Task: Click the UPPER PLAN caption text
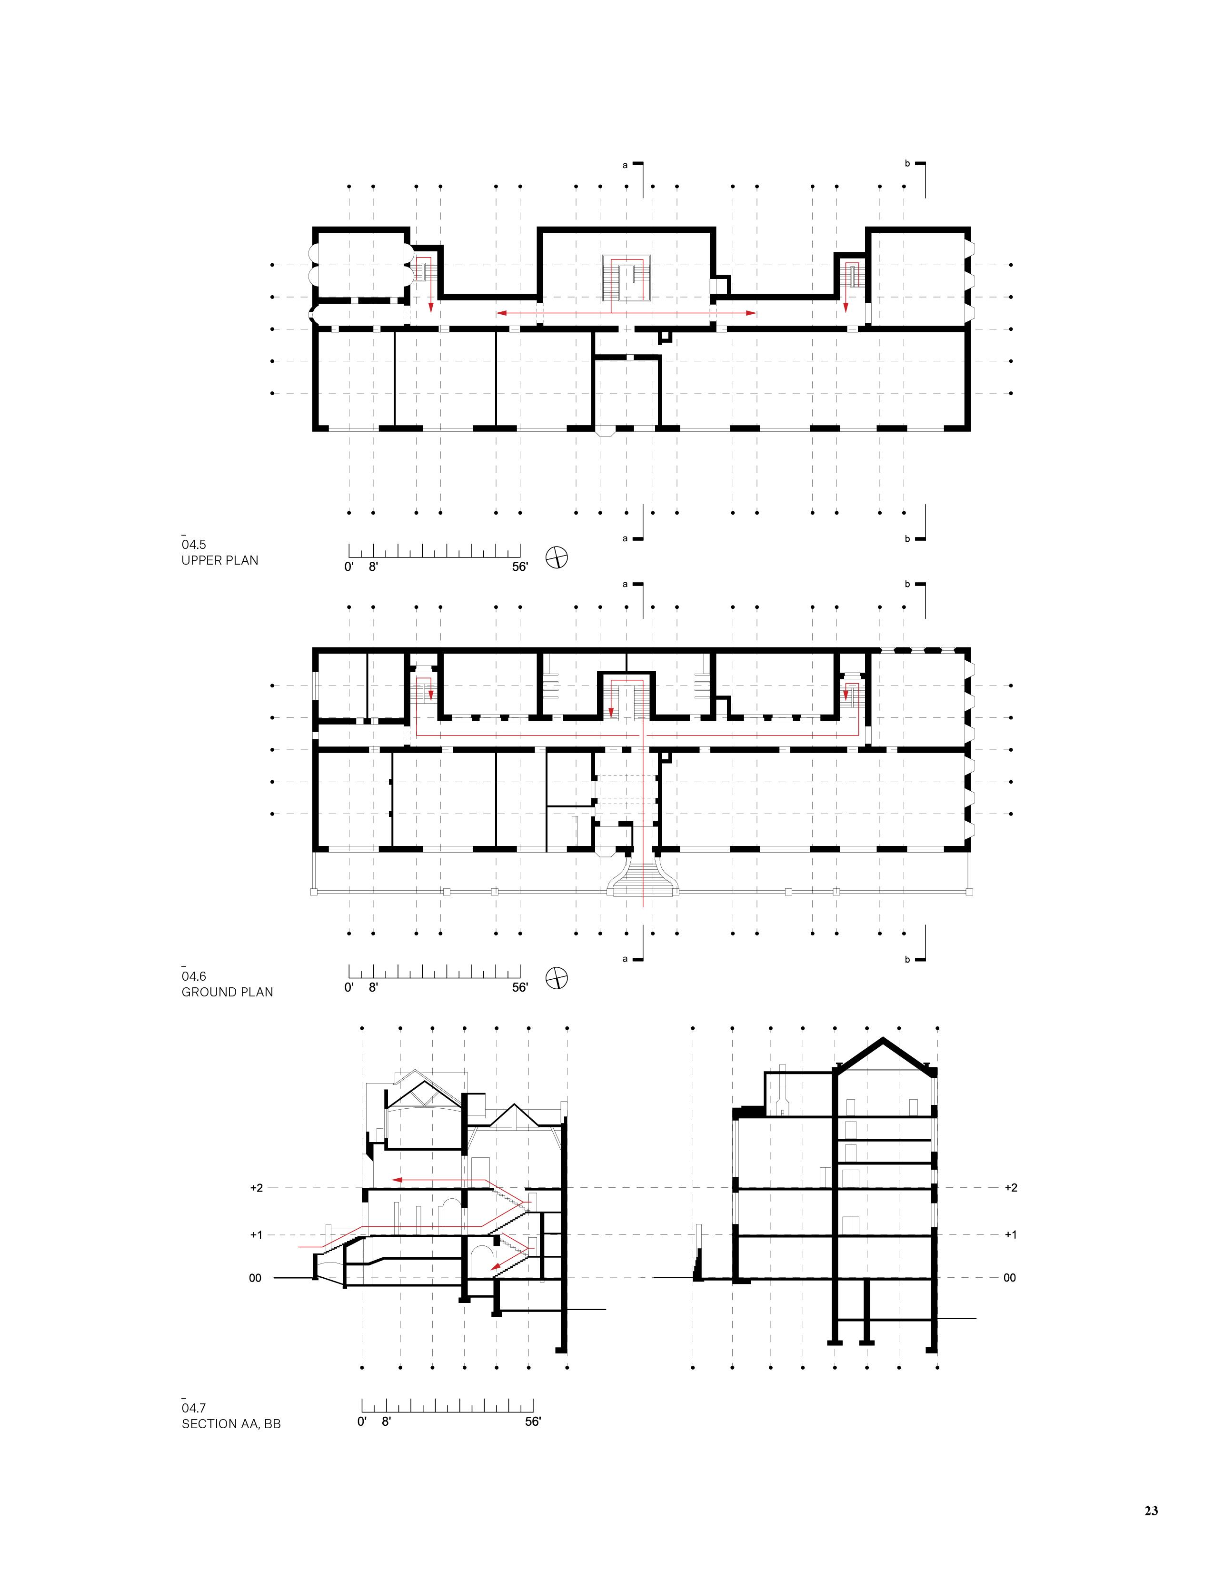click(220, 560)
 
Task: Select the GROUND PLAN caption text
click(227, 992)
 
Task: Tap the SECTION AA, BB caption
click(231, 1423)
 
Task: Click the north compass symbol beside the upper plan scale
click(557, 557)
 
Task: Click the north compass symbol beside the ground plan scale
click(557, 977)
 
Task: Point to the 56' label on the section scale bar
click(532, 1422)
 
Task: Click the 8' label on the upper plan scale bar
click(373, 567)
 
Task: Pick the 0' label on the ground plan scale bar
click(349, 988)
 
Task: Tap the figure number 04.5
click(193, 545)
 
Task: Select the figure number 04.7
click(193, 1408)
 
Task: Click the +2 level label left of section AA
click(257, 1188)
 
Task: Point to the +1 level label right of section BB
click(1010, 1234)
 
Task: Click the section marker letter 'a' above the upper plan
click(625, 165)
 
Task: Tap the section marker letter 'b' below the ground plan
click(907, 959)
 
